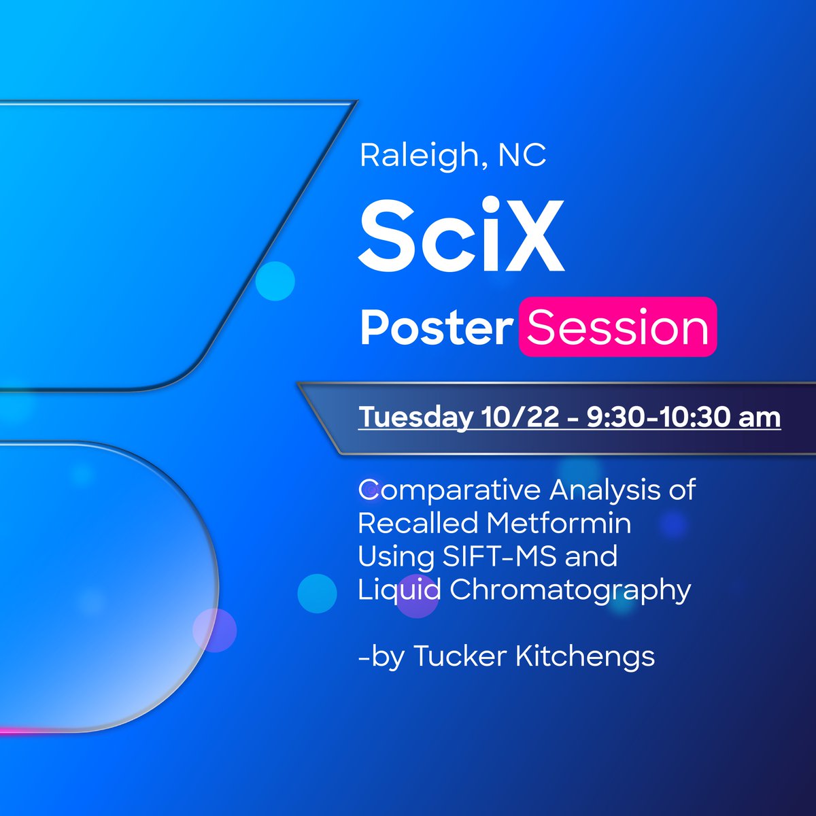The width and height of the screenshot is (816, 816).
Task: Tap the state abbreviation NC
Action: coord(522,156)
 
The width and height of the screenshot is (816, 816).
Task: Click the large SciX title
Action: coord(462,235)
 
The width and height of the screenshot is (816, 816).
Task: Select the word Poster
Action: coord(436,328)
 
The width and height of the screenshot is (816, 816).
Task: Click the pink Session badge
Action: coord(617,327)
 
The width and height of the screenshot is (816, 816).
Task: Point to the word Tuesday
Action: coord(415,417)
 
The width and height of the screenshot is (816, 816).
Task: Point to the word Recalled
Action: coord(418,523)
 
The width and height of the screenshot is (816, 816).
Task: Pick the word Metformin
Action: coord(558,523)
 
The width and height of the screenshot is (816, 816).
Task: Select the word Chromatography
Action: coord(570,590)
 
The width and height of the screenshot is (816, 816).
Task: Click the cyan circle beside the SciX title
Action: coord(275,281)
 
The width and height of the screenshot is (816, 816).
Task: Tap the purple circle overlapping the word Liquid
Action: coord(416,597)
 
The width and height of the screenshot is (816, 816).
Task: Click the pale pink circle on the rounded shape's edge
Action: coord(214,630)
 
